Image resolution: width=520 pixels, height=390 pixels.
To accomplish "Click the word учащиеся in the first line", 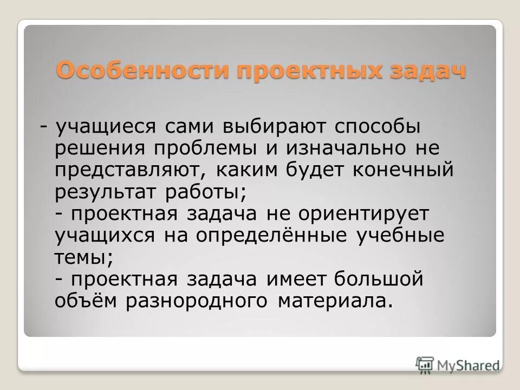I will pos(106,127).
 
